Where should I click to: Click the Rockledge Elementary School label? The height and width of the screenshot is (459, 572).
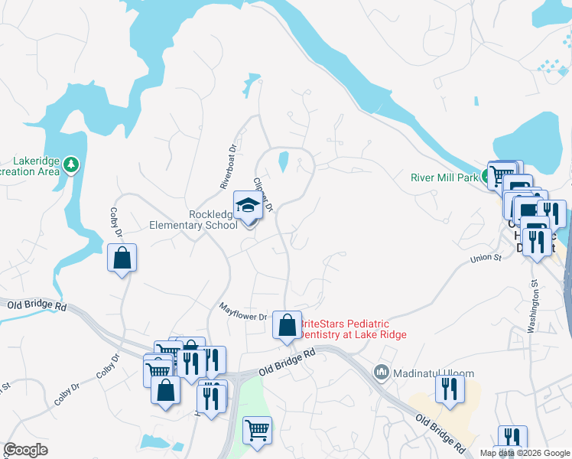(x=203, y=220)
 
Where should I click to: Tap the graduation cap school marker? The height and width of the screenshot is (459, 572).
(x=249, y=207)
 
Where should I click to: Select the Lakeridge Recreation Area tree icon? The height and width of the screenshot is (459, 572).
(x=71, y=164)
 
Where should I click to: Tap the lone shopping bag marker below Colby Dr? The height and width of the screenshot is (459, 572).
(x=122, y=259)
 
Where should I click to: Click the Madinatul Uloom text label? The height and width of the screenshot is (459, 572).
(x=433, y=373)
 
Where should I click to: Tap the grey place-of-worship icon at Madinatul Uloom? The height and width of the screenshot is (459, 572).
(x=382, y=373)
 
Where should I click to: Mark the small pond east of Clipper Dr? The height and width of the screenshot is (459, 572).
(x=283, y=161)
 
